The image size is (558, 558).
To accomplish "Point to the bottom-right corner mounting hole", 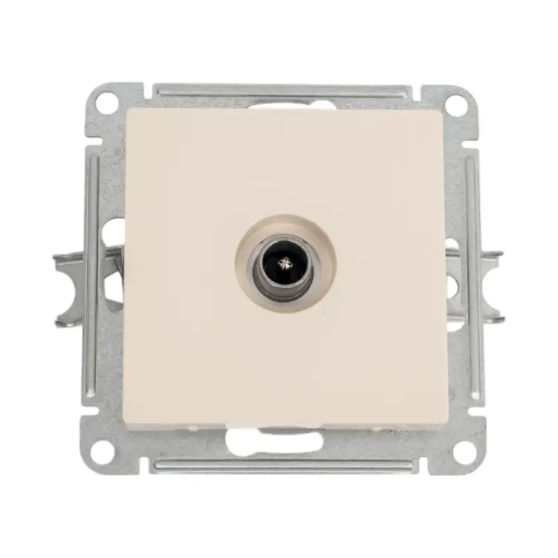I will click(463, 450).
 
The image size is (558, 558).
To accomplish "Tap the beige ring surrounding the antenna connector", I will click(246, 246).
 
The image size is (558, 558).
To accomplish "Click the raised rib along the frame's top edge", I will click(283, 92).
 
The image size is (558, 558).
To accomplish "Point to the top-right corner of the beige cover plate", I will click(445, 110).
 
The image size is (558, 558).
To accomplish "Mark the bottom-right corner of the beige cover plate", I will click(447, 429).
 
